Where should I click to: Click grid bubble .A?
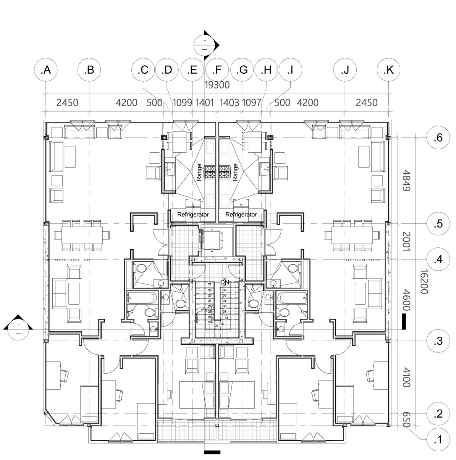pyautogui.click(x=45, y=70)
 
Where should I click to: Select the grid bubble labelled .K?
pyautogui.click(x=388, y=70)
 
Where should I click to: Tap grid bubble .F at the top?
pyautogui.click(x=217, y=70)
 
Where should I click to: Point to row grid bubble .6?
pyautogui.click(x=438, y=137)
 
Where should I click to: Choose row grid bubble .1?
pyautogui.click(x=438, y=440)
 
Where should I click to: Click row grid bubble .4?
pyautogui.click(x=438, y=260)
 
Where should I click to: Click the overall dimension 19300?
pyautogui.click(x=217, y=85)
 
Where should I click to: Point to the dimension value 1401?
pyautogui.click(x=205, y=103)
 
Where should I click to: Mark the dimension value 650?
pyautogui.click(x=406, y=420)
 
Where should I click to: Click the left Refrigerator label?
pyautogui.click(x=193, y=215)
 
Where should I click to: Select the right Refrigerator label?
pyautogui.click(x=241, y=215)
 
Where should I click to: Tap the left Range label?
pyautogui.click(x=199, y=172)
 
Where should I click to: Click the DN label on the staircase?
pyautogui.click(x=225, y=282)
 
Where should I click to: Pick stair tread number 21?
pyautogui.click(x=210, y=284)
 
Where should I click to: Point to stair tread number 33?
pyautogui.click(x=225, y=306)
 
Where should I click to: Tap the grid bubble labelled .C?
pyautogui.click(x=143, y=70)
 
